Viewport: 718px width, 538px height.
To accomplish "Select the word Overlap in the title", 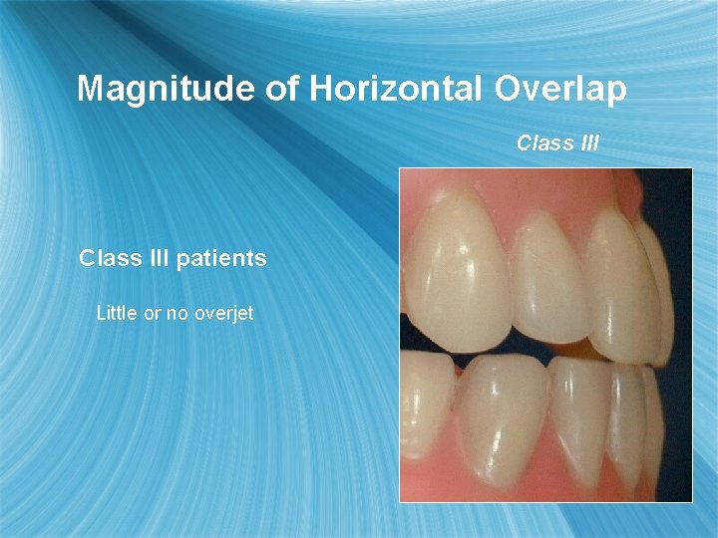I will coord(559,89).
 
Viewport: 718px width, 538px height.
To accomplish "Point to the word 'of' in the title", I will coord(283,89).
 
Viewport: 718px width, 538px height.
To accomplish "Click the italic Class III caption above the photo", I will coord(557,142).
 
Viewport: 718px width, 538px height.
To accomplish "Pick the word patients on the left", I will coord(221,259).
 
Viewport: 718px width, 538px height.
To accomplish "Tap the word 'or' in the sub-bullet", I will coord(153,313).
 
